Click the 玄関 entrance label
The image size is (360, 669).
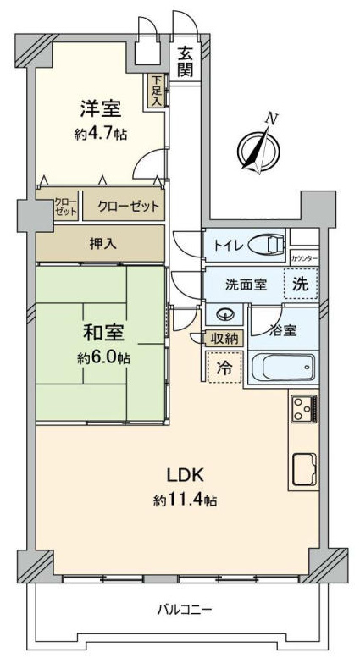[x=186, y=62]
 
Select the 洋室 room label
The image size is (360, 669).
[x=101, y=108]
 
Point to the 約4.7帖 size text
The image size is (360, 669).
[x=101, y=135]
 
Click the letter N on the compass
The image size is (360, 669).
[x=270, y=119]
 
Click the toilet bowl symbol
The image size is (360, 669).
[x=267, y=246]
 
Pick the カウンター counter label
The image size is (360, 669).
[x=305, y=258]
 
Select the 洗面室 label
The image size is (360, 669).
[x=246, y=285]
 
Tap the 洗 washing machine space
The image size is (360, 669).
[x=302, y=285]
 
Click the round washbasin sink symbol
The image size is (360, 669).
[x=224, y=315]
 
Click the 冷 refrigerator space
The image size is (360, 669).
[x=224, y=368]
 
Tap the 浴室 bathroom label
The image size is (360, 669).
[x=282, y=330]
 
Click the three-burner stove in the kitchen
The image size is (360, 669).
[x=305, y=409]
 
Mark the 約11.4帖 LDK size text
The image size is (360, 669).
[x=186, y=500]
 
